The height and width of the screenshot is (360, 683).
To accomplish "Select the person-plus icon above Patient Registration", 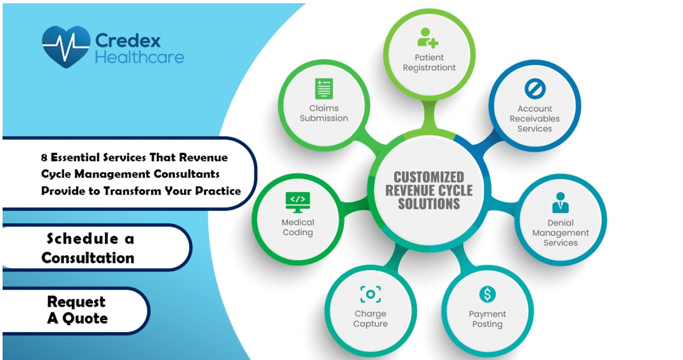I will [428, 38].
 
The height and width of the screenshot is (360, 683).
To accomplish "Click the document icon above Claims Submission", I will [324, 88].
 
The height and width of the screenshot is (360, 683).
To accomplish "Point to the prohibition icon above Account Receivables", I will [534, 89].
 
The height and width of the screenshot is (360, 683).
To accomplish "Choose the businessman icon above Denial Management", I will [560, 203].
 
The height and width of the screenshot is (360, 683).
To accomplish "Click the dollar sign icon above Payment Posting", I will [487, 294].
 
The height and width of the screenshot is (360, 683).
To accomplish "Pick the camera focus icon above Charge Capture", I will [370, 294].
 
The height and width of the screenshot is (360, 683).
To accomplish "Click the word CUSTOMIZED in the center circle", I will [429, 177].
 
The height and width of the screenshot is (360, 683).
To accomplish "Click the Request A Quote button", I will [77, 310].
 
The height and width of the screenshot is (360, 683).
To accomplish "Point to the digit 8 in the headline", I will [44, 158].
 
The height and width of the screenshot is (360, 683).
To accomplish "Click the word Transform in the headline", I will [132, 191].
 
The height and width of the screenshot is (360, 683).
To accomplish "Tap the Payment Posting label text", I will [487, 319].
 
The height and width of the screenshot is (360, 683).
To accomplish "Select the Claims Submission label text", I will [324, 113].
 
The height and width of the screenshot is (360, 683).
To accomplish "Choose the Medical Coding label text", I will [298, 228].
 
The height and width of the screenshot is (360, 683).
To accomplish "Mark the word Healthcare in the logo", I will [140, 56].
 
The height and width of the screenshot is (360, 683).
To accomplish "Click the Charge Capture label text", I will [370, 319].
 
